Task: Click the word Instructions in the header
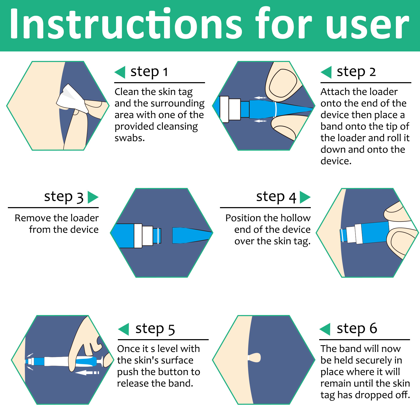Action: click(125, 24)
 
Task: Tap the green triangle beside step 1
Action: click(120, 72)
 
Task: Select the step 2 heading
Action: click(356, 72)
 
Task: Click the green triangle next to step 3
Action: click(93, 197)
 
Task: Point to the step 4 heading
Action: click(276, 197)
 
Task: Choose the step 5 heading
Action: click(155, 329)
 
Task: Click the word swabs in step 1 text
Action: click(130, 138)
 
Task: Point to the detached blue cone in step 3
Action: click(192, 235)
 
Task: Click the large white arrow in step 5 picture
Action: click(87, 372)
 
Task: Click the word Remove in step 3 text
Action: click(31, 218)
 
